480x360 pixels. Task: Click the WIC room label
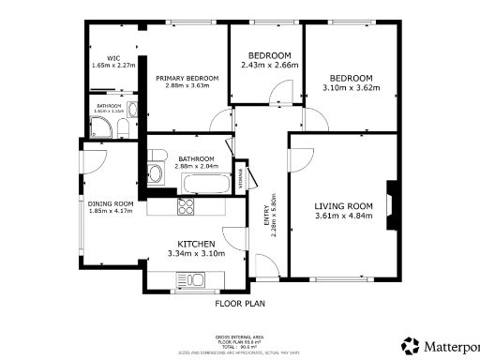coord(112,58)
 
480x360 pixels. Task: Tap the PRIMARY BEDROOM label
coord(187,78)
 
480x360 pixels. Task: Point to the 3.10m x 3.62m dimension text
coord(350,88)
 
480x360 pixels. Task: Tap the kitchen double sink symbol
coord(195,278)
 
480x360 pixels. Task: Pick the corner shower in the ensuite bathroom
coord(99,130)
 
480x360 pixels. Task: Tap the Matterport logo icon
coord(410,345)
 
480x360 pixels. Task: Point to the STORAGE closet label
coord(242,176)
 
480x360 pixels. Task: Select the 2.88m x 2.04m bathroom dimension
coord(197,167)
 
